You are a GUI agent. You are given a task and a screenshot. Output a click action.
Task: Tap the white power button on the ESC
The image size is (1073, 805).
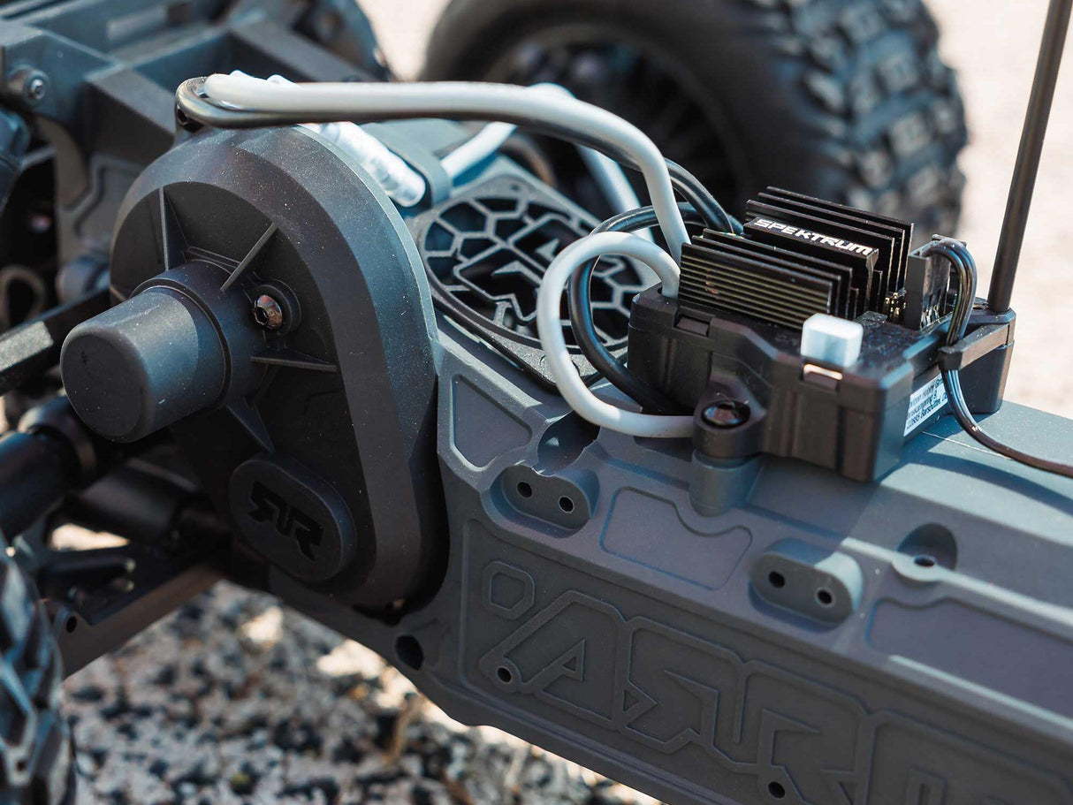point(831,340)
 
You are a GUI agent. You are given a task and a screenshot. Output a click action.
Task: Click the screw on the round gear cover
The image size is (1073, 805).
point(268,310)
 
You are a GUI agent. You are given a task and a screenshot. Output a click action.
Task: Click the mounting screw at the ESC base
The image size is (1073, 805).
point(725,413)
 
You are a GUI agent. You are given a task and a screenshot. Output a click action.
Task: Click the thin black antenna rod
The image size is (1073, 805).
point(1025,159)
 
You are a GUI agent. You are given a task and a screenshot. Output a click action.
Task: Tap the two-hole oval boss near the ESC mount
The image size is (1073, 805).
point(545,497)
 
